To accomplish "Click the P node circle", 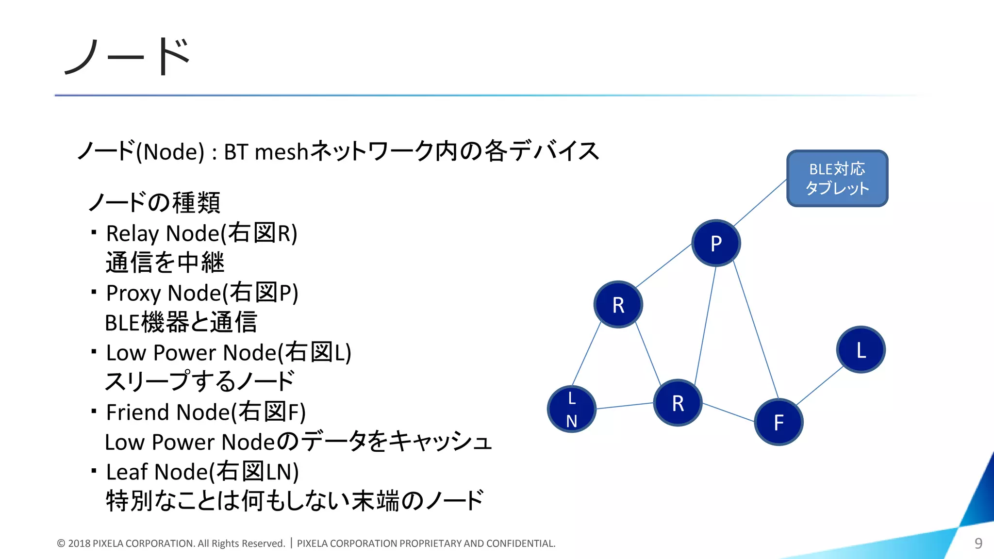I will [716, 243].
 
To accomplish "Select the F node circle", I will [779, 422].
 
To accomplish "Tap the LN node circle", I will [572, 409].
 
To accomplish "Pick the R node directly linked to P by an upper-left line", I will [618, 305].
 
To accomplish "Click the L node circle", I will [861, 349].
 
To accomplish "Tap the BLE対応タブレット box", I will [837, 179].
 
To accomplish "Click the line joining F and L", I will [820, 385].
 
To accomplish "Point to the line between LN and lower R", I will [625, 406].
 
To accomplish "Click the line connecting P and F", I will [756, 330].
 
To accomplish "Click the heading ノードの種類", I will [154, 203].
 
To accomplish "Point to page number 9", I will [978, 543].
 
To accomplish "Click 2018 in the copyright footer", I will [79, 543].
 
